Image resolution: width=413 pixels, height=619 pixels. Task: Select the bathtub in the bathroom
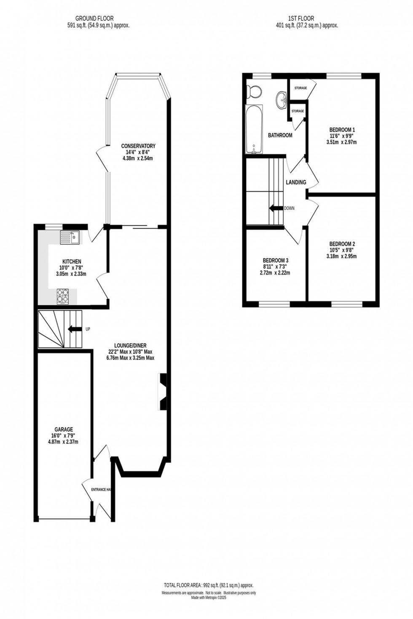pos(254,129)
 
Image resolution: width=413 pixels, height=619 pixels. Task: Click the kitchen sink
pos(70,237)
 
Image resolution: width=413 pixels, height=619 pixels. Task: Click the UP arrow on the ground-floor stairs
pos(75,329)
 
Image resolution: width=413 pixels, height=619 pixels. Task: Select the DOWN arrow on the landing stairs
pos(276,208)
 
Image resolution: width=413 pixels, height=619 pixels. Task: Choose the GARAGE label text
pos(63,430)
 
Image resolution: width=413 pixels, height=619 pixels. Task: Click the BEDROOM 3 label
pos(275,260)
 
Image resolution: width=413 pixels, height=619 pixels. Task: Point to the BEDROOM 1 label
pos(342,130)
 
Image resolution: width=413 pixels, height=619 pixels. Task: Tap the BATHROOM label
pos(280,135)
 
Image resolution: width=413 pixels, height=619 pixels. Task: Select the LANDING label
pos(296,182)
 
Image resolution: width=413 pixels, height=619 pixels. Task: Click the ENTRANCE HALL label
pos(102,490)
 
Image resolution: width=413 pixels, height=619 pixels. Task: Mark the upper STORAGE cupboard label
pos(300,88)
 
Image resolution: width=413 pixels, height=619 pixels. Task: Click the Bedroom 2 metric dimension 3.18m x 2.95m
pos(341,256)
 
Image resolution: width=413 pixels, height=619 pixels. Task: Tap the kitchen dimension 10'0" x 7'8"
pos(72,268)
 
